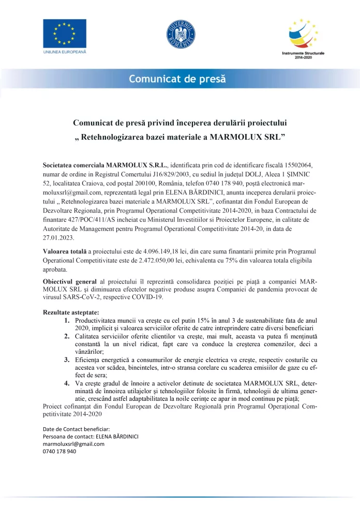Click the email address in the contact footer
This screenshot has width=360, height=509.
point(73,444)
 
